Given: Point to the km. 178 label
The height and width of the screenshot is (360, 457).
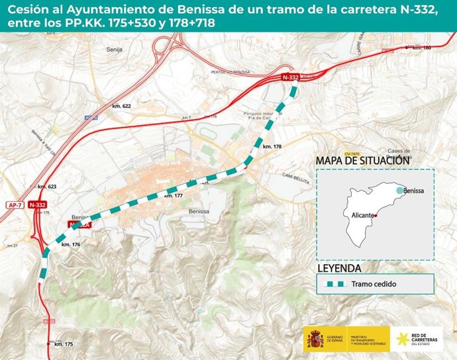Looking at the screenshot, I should click(x=272, y=146).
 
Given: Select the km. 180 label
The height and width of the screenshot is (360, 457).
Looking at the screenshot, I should click(x=422, y=48).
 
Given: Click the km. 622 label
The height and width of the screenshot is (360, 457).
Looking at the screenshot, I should click(x=122, y=106).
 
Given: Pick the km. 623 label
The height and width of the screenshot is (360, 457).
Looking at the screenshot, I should click(x=47, y=187).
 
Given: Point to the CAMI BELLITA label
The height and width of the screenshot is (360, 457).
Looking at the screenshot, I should click(x=296, y=175).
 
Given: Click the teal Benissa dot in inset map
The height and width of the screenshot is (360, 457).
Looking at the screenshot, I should click(x=398, y=190).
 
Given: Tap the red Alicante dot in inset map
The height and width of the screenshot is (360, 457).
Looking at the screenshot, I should click(x=376, y=216).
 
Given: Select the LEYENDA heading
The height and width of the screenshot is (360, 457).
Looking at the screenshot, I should click(x=339, y=269).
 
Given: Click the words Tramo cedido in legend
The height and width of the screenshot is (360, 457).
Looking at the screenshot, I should click(x=374, y=284).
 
